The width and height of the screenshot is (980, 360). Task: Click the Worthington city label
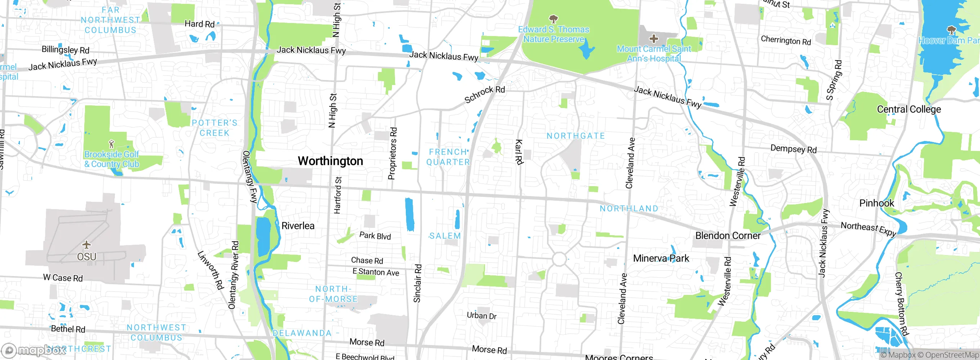pos(330,161)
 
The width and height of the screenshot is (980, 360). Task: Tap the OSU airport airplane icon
pos(87,244)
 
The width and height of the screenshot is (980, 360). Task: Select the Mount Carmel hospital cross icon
pos(654,38)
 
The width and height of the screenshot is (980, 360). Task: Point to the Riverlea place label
pos(298,226)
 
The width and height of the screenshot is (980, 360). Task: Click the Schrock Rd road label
pos(484,94)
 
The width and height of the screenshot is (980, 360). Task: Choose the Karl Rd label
pos(519,152)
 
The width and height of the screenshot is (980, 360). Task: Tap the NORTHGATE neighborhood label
pos(576,136)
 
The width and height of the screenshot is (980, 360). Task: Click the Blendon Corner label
pos(728,236)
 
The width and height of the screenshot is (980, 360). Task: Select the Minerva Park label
pos(661,259)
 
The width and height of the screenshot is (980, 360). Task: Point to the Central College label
pos(909,110)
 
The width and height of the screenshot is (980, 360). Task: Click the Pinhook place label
pos(877,203)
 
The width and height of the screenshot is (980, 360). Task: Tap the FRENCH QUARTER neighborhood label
pos(448,157)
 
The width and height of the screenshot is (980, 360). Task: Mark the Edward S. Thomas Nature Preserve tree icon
pos(553,19)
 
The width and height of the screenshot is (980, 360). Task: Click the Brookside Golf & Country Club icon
pos(111,144)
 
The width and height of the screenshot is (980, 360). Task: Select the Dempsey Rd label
pos(793,149)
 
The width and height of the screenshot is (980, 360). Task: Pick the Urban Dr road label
pos(482,316)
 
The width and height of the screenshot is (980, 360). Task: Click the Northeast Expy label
pos(868,229)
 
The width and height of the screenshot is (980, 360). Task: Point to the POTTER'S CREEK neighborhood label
pos(214,128)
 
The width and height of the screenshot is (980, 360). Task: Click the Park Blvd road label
pos(375,236)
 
